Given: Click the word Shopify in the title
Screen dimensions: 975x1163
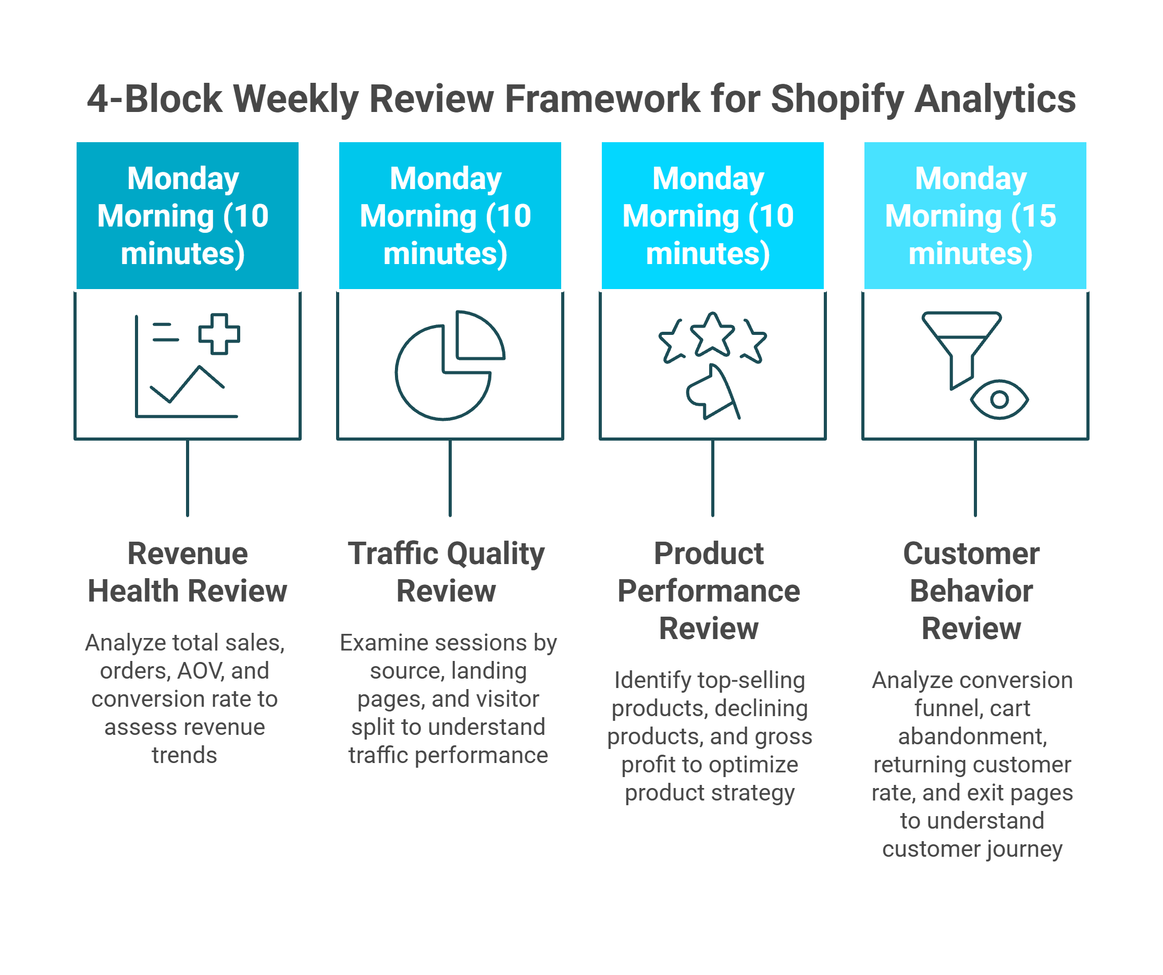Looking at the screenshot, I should pos(836,99).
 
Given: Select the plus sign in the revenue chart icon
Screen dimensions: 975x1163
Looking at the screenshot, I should pos(219,334).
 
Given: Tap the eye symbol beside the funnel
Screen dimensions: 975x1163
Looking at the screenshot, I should pos(999,399).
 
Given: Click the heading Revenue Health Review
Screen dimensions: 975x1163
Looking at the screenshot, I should pos(187,572).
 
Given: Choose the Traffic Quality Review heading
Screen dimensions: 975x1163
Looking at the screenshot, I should pos(447,572).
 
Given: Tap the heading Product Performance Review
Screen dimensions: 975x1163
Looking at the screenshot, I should pos(709,591).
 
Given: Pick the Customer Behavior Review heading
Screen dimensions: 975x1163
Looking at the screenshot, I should pos(971,591).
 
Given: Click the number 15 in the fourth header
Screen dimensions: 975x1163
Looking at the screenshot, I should pos(1039,216).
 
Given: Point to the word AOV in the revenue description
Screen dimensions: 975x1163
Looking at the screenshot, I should pos(201,671).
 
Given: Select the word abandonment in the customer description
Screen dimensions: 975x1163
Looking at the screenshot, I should pos(972,736).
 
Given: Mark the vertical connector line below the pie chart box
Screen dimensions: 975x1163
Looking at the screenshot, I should pos(450,478).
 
